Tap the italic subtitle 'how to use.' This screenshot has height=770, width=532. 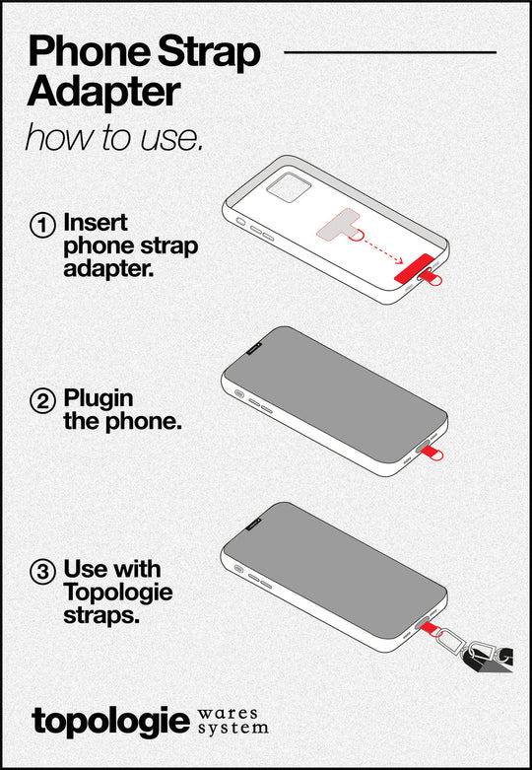113,136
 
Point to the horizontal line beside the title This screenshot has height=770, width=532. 389,51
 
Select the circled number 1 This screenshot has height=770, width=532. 42,225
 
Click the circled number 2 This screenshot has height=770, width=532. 42,401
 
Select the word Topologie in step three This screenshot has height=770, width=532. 117,593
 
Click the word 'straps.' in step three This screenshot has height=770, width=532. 100,615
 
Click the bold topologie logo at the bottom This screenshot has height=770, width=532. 109,719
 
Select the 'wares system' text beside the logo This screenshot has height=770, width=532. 232,720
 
